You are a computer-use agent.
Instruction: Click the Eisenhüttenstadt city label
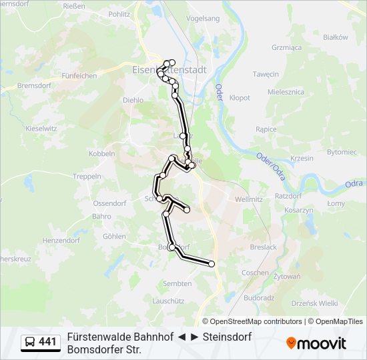tap(169, 69)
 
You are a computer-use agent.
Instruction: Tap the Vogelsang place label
tap(204, 19)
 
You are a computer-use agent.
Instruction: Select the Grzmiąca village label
tap(287, 48)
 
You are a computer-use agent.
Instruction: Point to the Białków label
tap(336, 38)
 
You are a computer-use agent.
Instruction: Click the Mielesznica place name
tap(286, 92)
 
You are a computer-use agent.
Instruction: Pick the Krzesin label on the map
tap(302, 158)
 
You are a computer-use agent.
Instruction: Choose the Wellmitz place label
tap(249, 199)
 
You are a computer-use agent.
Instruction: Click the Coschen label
tap(255, 273)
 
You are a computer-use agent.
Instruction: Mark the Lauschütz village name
tap(168, 301)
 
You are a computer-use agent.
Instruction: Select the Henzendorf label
tap(61, 240)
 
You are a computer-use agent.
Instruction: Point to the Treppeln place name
tap(87, 177)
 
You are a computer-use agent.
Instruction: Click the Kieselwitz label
tap(41, 128)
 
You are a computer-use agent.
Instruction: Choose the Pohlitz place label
tap(119, 13)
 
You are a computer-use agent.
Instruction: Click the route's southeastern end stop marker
tap(212, 264)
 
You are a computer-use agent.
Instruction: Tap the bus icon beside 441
tap(30, 343)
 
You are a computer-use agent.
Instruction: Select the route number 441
tap(48, 343)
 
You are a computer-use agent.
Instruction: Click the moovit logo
tap(316, 343)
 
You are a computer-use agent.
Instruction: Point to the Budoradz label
tap(259, 298)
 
